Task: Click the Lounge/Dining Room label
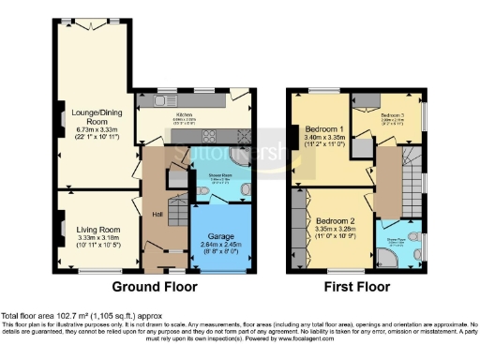pos(91,116)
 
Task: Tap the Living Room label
pos(98,229)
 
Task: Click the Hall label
pos(158,215)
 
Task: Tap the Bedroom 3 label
pos(393,111)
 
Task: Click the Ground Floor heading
pos(154,285)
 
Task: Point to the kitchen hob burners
pos(241,133)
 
